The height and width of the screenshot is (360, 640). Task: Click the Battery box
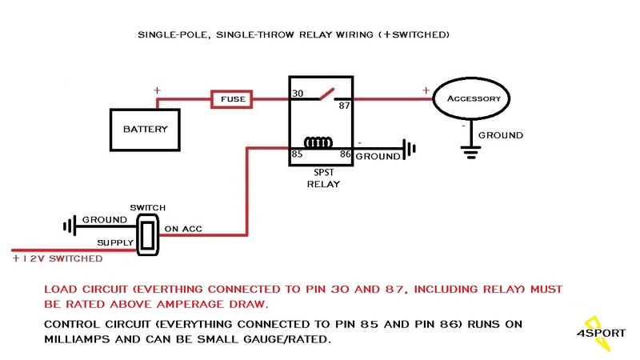pos(145,127)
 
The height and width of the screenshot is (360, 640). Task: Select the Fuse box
pos(232,100)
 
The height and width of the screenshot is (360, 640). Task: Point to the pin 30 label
pos(297,94)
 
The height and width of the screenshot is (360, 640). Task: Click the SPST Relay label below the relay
pos(323,178)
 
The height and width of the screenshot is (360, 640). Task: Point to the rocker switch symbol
pos(147,234)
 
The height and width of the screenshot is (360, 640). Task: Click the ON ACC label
pos(183,230)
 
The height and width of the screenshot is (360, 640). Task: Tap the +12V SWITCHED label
pos(57,259)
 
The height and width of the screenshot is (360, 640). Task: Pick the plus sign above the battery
pos(156,90)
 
